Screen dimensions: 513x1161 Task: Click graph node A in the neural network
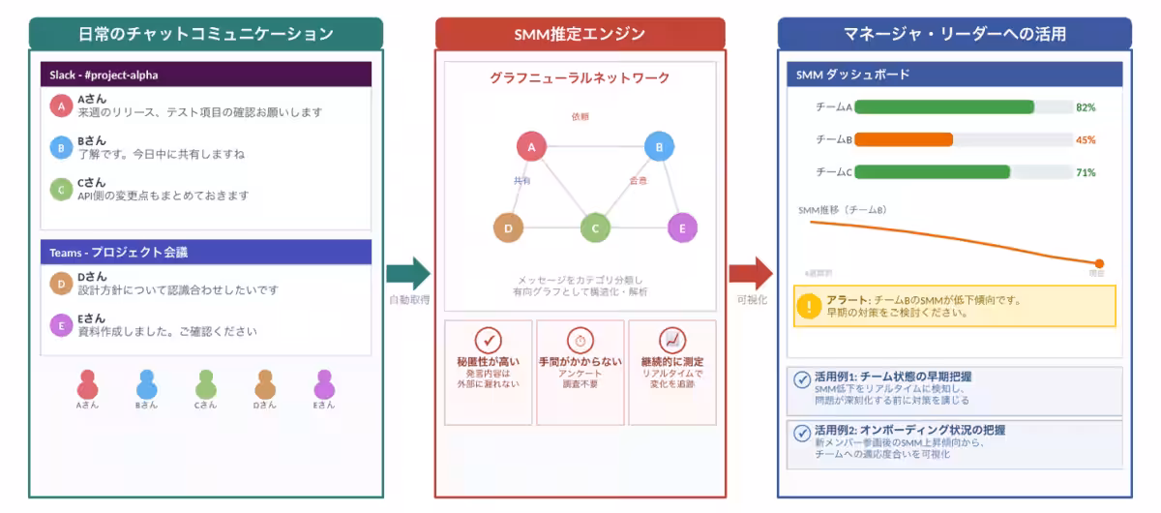coord(531,147)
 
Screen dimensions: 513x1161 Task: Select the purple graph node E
coord(682,228)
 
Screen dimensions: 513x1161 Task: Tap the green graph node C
coord(595,228)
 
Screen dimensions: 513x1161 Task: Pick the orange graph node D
coord(508,228)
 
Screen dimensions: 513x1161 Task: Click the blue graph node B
coord(659,147)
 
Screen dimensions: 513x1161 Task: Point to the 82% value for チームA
coord(1086,107)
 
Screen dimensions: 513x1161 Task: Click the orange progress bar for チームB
coord(904,139)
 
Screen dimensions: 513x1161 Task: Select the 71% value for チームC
coord(1086,172)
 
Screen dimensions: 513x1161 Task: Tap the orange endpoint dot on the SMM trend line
coord(1099,263)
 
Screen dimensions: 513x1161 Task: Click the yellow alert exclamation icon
coord(809,306)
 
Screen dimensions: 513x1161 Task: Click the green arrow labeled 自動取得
coord(407,274)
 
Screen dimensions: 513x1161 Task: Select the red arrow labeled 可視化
coord(751,274)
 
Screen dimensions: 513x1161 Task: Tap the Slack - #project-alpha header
coord(205,75)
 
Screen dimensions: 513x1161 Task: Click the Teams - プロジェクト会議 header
coord(205,253)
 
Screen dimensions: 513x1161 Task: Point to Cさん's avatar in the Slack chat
coord(61,189)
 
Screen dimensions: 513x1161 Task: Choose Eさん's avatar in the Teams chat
coord(61,325)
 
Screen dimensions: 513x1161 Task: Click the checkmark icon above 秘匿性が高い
coord(488,341)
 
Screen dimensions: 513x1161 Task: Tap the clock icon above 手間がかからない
coord(580,341)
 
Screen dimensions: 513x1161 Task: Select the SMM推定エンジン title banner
coord(580,34)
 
